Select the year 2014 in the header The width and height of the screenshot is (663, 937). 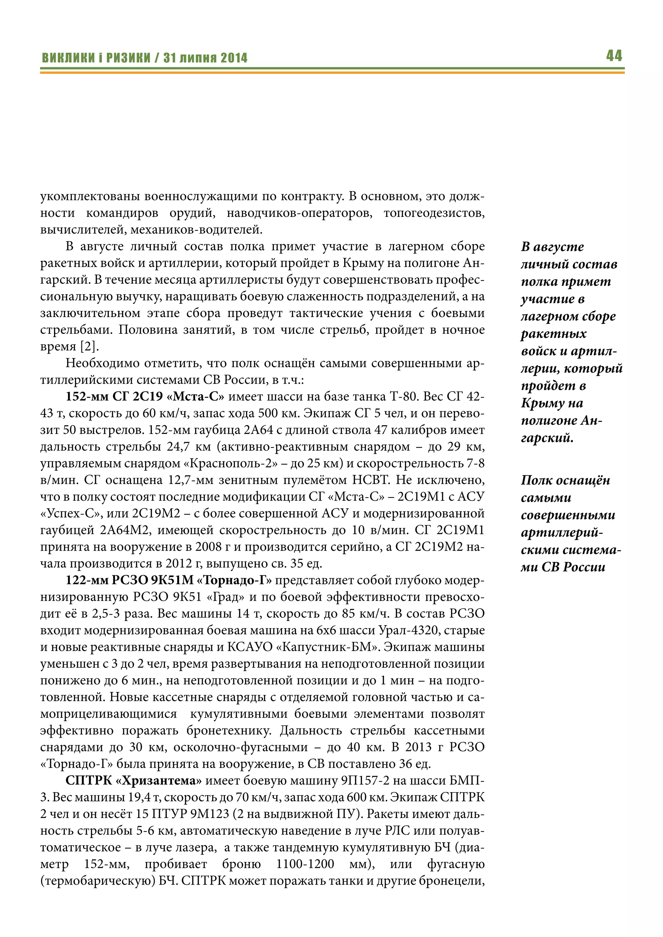[234, 58]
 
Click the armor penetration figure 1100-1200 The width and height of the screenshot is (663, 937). [305, 864]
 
